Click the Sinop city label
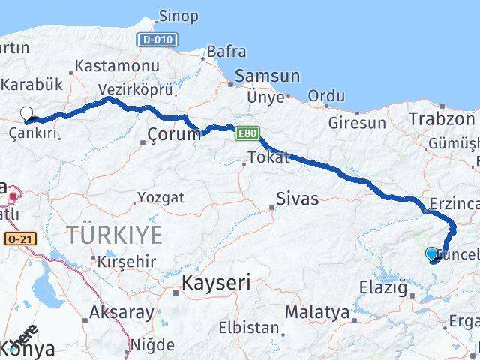[x=178, y=16]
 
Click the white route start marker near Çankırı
[x=27, y=114]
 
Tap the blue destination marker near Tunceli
[x=432, y=254]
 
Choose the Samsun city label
[x=267, y=76]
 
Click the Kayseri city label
[x=215, y=283]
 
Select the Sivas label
[x=297, y=199]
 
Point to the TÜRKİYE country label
[x=114, y=235]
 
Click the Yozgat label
[x=160, y=199]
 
